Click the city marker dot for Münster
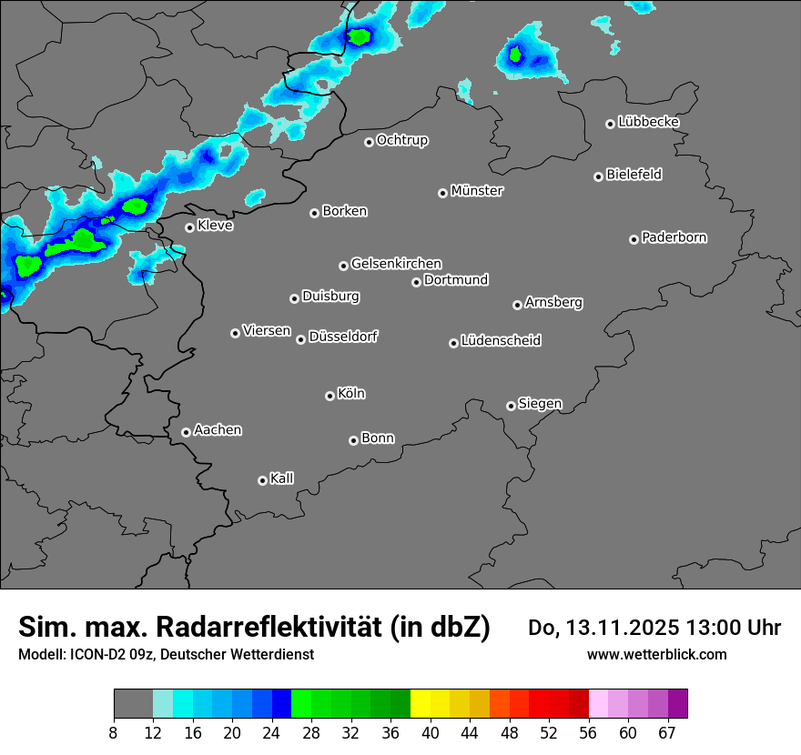(442, 193)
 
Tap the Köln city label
(351, 394)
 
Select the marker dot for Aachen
(186, 432)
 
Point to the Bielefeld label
(634, 175)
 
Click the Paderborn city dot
(634, 239)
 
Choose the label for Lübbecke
(648, 122)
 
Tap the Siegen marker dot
(511, 406)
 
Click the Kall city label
(282, 478)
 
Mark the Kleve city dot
(189, 227)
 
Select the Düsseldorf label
(343, 337)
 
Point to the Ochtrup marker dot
(369, 142)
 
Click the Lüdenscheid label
(501, 341)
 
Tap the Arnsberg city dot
(517, 305)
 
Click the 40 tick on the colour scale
(431, 732)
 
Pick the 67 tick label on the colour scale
(667, 732)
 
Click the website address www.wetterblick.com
(657, 654)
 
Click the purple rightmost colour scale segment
(677, 704)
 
